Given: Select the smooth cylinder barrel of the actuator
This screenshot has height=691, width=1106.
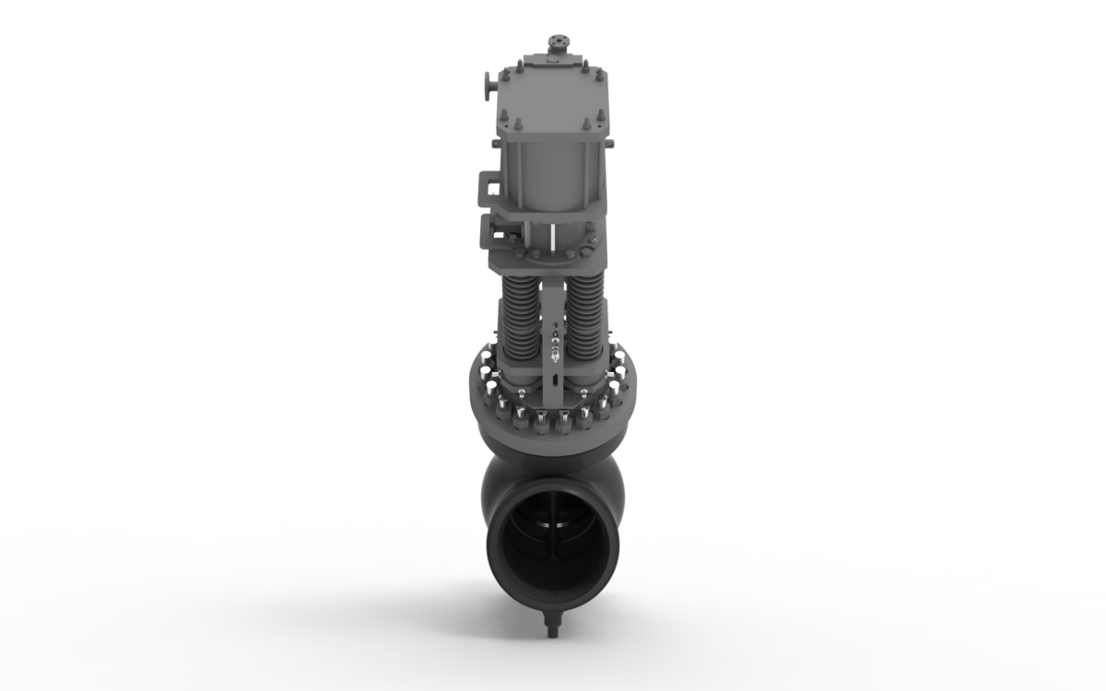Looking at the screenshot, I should click(551, 175).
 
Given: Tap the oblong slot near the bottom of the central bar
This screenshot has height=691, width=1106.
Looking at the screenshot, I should click(554, 379).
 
